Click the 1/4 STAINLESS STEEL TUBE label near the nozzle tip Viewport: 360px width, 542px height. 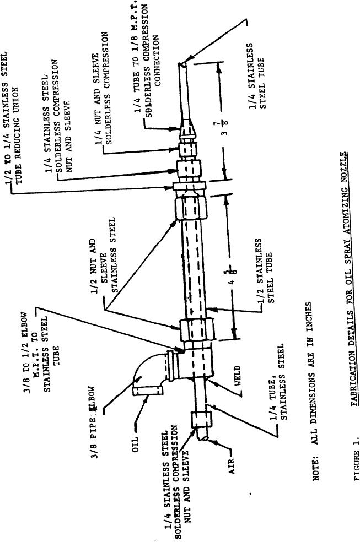coord(257,78)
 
